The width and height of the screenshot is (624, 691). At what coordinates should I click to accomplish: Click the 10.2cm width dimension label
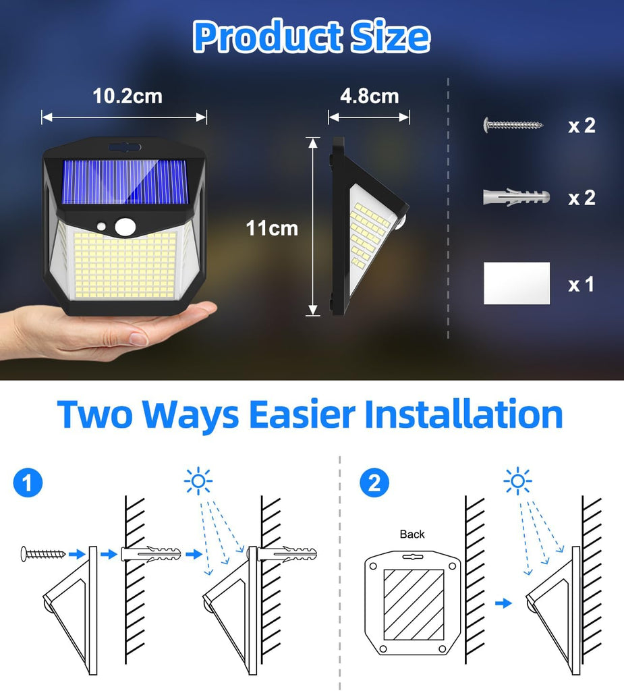(127, 96)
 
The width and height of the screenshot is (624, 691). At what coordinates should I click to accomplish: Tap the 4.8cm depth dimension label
(369, 96)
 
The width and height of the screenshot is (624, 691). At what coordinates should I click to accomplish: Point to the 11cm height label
(272, 228)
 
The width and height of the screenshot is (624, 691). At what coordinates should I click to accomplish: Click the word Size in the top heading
(390, 36)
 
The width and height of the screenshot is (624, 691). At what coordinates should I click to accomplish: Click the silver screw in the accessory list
(513, 125)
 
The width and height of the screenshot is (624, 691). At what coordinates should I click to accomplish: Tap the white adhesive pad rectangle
(517, 283)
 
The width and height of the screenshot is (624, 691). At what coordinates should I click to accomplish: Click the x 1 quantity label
(581, 284)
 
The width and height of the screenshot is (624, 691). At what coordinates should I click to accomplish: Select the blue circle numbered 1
(28, 482)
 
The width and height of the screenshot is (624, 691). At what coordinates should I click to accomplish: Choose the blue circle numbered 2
(374, 482)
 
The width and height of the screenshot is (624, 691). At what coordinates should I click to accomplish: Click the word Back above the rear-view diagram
(412, 534)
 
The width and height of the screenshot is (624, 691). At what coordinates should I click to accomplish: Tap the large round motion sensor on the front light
(125, 227)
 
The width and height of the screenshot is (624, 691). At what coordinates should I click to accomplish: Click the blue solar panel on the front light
(125, 182)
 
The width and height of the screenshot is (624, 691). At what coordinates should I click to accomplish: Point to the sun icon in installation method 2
(518, 480)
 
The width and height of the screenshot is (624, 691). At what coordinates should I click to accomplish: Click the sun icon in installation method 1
(198, 480)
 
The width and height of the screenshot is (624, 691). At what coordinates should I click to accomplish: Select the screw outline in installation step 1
(43, 554)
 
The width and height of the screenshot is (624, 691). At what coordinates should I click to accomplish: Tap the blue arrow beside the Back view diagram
(503, 603)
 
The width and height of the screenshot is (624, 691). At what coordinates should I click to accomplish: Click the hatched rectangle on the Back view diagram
(414, 605)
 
